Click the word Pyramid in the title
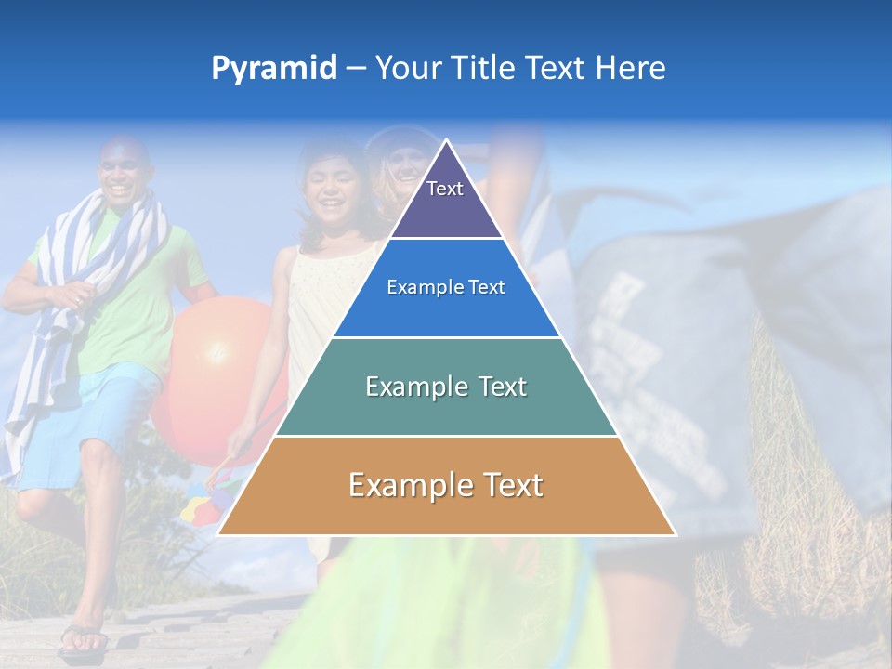click(x=273, y=69)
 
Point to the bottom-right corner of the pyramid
click(x=675, y=534)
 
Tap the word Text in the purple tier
click(x=444, y=189)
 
